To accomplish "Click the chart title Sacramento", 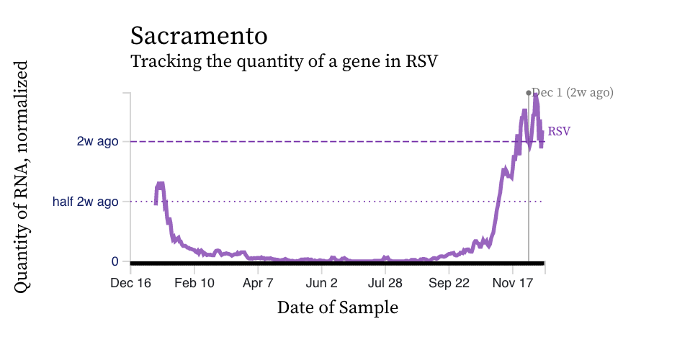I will click(x=199, y=35).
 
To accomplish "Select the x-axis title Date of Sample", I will click(x=337, y=308).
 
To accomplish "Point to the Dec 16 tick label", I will click(x=130, y=284).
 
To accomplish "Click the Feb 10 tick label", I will click(x=194, y=284).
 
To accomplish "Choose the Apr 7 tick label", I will click(x=257, y=284).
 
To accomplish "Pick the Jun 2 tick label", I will click(x=321, y=284).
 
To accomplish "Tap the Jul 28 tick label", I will click(x=385, y=284).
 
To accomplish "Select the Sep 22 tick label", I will click(x=449, y=284).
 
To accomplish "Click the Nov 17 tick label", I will click(x=512, y=284).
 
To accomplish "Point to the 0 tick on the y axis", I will click(x=115, y=261).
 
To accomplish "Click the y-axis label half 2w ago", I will click(x=85, y=202).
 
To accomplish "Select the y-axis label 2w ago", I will click(x=97, y=141).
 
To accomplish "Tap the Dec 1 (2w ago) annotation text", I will click(x=573, y=92).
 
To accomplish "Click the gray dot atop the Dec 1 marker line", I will click(x=529, y=92).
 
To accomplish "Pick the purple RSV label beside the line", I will click(x=560, y=132).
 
